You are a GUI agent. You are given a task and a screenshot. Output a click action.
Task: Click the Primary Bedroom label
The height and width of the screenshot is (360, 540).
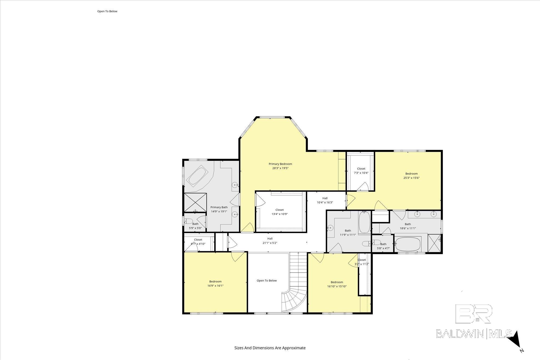coord(280,164)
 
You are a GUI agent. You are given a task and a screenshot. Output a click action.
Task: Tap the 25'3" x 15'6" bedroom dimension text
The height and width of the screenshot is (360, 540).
coord(411,178)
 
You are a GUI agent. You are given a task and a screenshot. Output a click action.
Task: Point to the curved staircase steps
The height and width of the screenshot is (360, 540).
coord(294,300)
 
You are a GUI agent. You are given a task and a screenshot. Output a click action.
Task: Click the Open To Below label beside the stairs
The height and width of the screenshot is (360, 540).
coord(267,281)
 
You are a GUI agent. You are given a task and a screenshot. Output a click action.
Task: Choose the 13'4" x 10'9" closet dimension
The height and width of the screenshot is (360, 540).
coord(279,214)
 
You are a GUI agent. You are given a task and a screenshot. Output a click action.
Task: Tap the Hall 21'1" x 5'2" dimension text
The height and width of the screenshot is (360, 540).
coord(270,243)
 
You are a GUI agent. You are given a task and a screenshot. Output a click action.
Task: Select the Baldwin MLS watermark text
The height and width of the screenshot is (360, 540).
coord(474,334)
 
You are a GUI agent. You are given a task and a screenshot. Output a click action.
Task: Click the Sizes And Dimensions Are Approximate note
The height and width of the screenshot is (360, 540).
coord(270,348)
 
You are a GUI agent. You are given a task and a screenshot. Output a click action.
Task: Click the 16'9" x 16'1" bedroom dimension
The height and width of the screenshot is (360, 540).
coord(215,286)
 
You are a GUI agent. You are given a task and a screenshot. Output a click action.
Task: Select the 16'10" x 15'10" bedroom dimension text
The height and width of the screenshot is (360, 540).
coord(337,286)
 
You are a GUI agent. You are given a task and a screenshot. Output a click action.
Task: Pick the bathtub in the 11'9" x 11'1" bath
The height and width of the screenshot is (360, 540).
coord(365,222)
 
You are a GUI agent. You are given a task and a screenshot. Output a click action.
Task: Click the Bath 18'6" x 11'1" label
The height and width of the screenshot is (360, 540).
coord(408,226)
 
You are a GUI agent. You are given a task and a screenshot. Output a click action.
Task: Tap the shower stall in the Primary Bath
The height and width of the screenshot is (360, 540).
coord(195,202)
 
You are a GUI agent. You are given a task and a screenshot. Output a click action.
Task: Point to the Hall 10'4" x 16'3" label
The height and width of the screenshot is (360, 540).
coord(325,200)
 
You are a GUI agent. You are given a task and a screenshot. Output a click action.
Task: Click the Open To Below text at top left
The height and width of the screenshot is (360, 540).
coord(107,11)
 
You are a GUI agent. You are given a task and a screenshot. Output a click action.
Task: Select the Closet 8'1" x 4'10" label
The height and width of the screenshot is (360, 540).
coord(198,242)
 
